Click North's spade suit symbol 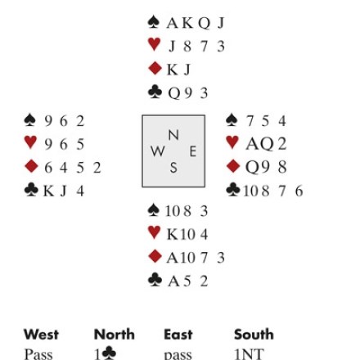pos(154,22)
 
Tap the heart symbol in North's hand pos(154,44)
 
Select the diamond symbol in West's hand pos(31,166)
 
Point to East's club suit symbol pos(233,189)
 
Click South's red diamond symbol pos(155,257)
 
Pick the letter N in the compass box pos(173,135)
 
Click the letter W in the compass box pos(158,151)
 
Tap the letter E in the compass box pos(193,151)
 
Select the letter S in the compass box pos(173,168)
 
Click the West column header pos(41,335)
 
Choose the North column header pos(115,335)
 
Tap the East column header pos(178,335)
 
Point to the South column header pos(254,335)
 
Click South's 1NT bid pos(249,354)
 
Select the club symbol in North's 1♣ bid pos(110,353)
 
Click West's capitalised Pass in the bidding pos(38,354)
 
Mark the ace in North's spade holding pos(173,23)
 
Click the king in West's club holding pos(48,191)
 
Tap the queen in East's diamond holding pos(251,167)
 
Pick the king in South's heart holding pos(172,234)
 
